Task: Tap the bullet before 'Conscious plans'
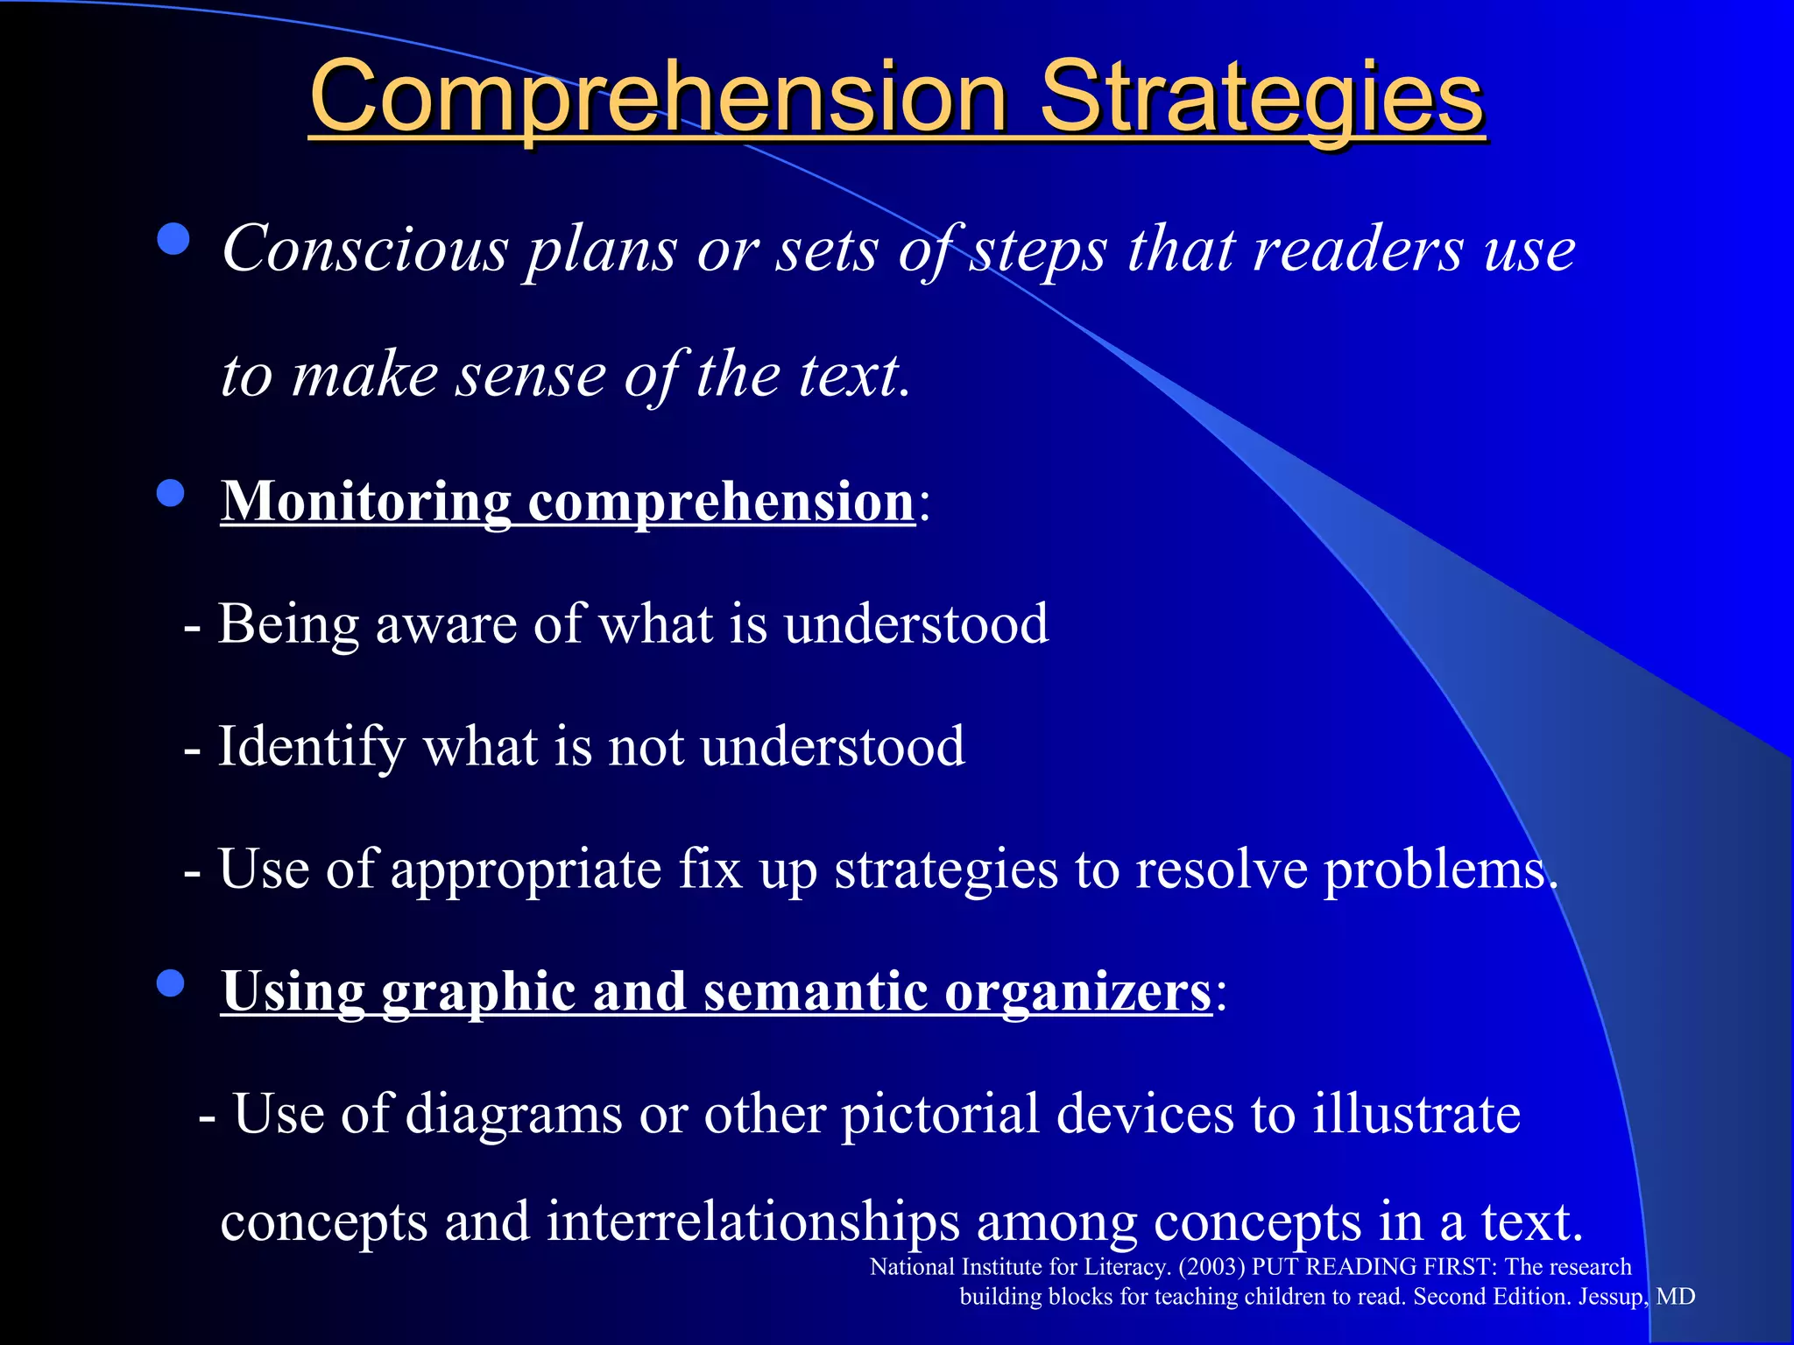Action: pyautogui.click(x=173, y=239)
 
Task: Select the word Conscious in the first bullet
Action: pyautogui.click(x=364, y=250)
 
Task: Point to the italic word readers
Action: pyautogui.click(x=1358, y=250)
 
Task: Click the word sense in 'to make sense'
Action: pyautogui.click(x=531, y=375)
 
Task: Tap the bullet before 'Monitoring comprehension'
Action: pyautogui.click(x=171, y=493)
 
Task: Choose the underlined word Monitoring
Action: pyautogui.click(x=365, y=503)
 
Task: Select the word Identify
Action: pyautogui.click(x=311, y=748)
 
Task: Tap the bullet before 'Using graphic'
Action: pyautogui.click(x=171, y=983)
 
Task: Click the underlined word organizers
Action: pyautogui.click(x=1077, y=992)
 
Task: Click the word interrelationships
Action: pyautogui.click(x=753, y=1222)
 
